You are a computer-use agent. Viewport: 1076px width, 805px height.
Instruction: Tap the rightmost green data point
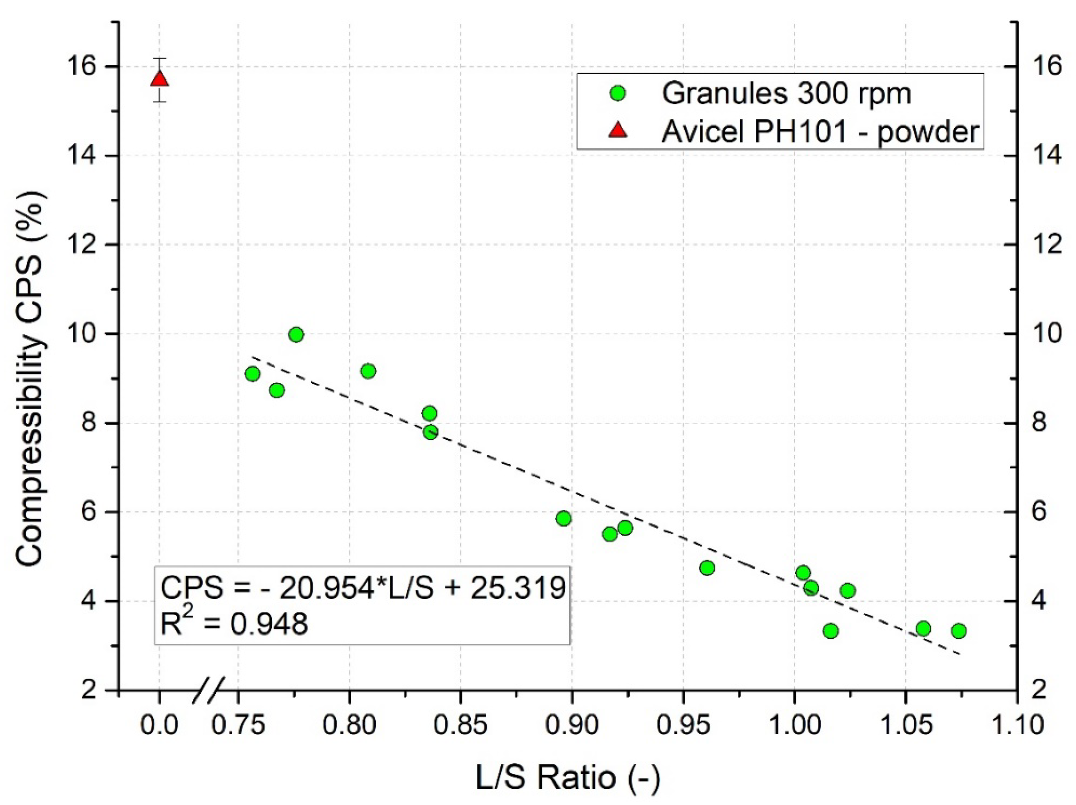(958, 631)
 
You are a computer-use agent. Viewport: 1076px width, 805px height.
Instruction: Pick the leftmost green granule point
(252, 374)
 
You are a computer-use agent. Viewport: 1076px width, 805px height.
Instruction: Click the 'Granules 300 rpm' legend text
(786, 93)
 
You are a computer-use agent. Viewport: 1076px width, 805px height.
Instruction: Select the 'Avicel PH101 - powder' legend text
(820, 131)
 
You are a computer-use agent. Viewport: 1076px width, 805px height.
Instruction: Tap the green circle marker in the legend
(618, 93)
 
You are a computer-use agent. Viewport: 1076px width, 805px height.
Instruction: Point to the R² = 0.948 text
(234, 624)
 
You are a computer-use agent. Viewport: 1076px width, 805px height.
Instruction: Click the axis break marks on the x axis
(208, 690)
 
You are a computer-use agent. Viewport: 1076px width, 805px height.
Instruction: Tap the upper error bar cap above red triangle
(160, 58)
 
